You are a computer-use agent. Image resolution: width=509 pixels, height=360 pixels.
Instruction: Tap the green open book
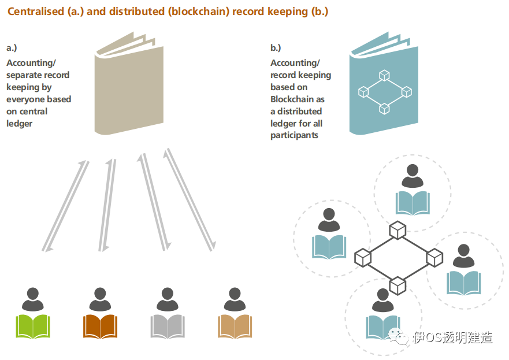(33, 326)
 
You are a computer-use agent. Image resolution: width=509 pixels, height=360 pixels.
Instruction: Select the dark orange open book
(101, 326)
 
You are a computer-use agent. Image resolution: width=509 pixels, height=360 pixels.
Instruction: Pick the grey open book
(168, 326)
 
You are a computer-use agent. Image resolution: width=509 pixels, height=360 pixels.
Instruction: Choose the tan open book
(235, 326)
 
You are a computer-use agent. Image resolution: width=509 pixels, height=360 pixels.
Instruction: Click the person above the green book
(33, 299)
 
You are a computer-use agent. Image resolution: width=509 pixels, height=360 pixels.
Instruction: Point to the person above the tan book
(235, 299)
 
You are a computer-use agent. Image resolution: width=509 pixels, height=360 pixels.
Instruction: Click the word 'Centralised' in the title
(36, 12)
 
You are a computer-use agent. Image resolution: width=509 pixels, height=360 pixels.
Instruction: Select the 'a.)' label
(12, 48)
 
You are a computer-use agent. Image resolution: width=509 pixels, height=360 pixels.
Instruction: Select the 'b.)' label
(276, 48)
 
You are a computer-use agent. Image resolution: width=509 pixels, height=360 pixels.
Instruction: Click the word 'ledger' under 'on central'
(20, 124)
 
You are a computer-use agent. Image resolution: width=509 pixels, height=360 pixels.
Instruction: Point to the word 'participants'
(295, 135)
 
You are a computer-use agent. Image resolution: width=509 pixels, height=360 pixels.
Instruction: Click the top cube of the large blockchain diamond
(397, 230)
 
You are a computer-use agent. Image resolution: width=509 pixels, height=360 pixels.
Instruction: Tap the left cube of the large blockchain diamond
(363, 258)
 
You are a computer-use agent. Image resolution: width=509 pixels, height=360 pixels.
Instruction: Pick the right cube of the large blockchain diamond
(434, 258)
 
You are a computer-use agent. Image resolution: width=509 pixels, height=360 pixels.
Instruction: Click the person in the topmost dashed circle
(413, 176)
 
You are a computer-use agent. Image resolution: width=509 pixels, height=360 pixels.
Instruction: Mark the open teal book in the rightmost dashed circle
(464, 283)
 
